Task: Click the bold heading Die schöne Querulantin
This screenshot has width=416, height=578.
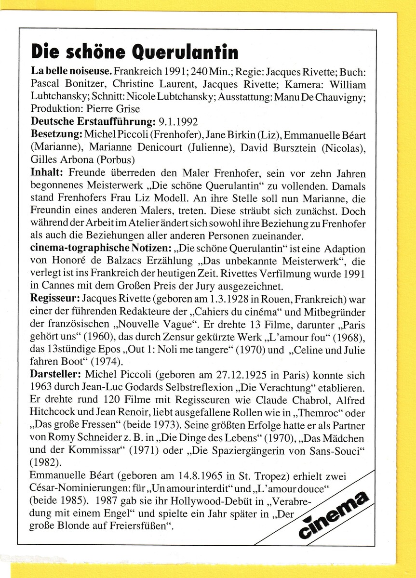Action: click(134, 52)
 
